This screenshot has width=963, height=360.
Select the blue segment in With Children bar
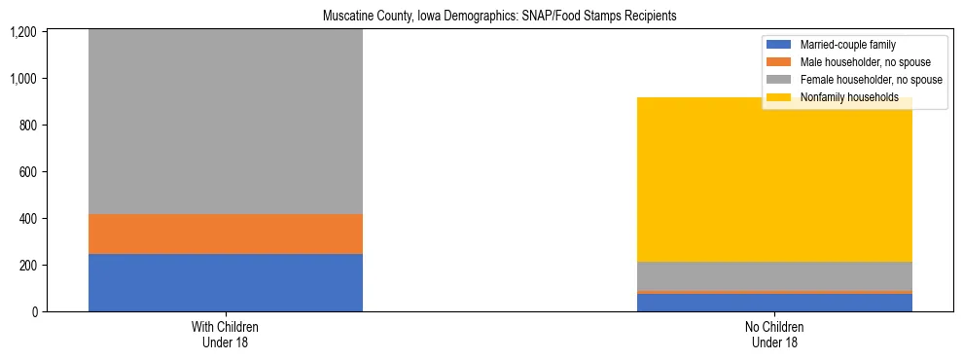226,282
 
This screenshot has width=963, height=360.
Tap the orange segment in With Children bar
226,234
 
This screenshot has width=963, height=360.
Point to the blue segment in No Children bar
775,303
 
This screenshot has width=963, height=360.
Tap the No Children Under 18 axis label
775,334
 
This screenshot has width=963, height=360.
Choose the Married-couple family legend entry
847,45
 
